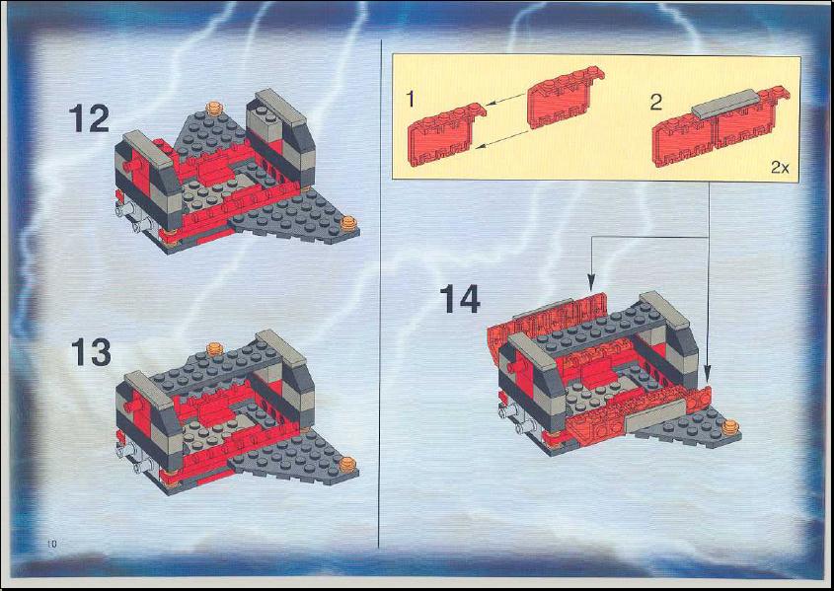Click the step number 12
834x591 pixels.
click(x=90, y=118)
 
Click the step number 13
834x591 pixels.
click(x=92, y=352)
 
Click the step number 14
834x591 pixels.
click(x=460, y=299)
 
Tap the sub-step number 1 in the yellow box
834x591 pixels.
click(x=410, y=100)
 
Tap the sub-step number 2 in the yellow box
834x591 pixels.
click(x=656, y=102)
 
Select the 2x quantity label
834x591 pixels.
click(x=780, y=168)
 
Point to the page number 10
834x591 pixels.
click(x=51, y=544)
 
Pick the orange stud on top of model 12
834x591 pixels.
click(x=214, y=108)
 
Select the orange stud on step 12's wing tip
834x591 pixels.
click(x=348, y=223)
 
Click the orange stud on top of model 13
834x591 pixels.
click(x=215, y=348)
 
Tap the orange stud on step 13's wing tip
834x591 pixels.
click(x=347, y=465)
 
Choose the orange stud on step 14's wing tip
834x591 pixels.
click(x=730, y=427)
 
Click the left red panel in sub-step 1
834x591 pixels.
click(x=446, y=135)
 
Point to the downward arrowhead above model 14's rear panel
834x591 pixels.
click(x=591, y=283)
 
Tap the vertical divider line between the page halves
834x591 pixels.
click(x=380, y=293)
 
